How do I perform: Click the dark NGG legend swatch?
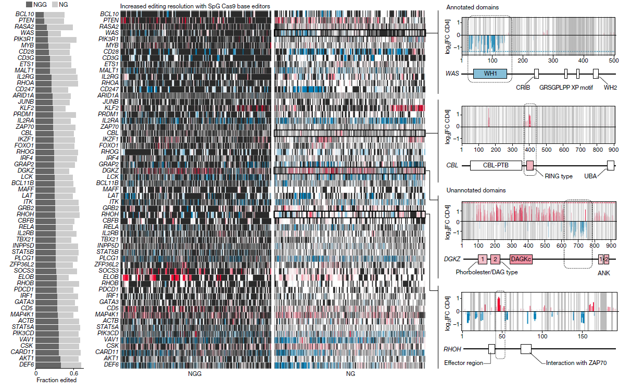[30, 4]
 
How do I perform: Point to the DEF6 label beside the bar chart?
[26, 365]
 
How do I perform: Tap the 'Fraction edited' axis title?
[56, 380]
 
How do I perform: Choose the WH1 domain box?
[489, 74]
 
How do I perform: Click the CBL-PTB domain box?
[496, 165]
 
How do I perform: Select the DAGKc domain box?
[521, 259]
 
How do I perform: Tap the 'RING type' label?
[559, 176]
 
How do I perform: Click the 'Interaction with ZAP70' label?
[577, 362]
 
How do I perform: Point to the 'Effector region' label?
[462, 363]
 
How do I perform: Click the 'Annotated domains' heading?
[472, 7]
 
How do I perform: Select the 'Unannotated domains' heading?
[475, 191]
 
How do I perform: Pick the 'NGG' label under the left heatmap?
[194, 374]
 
